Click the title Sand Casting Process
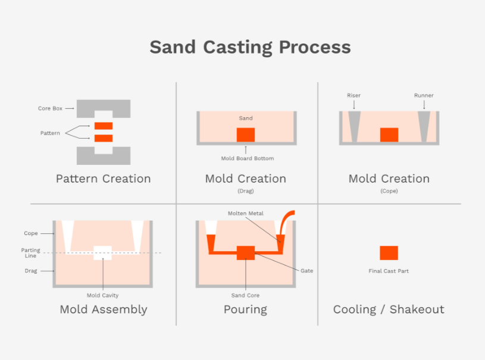pyautogui.click(x=250, y=47)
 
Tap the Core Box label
pyautogui.click(x=50, y=109)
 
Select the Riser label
pyautogui.click(x=353, y=95)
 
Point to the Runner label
pyautogui.click(x=424, y=95)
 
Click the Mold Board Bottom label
pyautogui.click(x=246, y=158)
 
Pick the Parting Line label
pyautogui.click(x=31, y=253)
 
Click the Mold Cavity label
pyautogui.click(x=102, y=295)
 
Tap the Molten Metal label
pyautogui.click(x=245, y=213)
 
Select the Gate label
pyautogui.click(x=306, y=271)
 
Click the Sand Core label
pyautogui.click(x=245, y=295)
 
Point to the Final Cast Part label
pyautogui.click(x=389, y=271)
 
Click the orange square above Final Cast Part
pyautogui.click(x=389, y=253)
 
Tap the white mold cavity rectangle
pyautogui.click(x=102, y=253)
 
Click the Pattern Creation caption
pyautogui.click(x=103, y=179)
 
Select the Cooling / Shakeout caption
pyautogui.click(x=389, y=309)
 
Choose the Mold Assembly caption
pyautogui.click(x=103, y=309)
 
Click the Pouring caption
pyautogui.click(x=245, y=309)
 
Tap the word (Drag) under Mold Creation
pyautogui.click(x=245, y=191)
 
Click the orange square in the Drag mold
pyautogui.click(x=246, y=134)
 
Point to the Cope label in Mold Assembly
pyautogui.click(x=31, y=234)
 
